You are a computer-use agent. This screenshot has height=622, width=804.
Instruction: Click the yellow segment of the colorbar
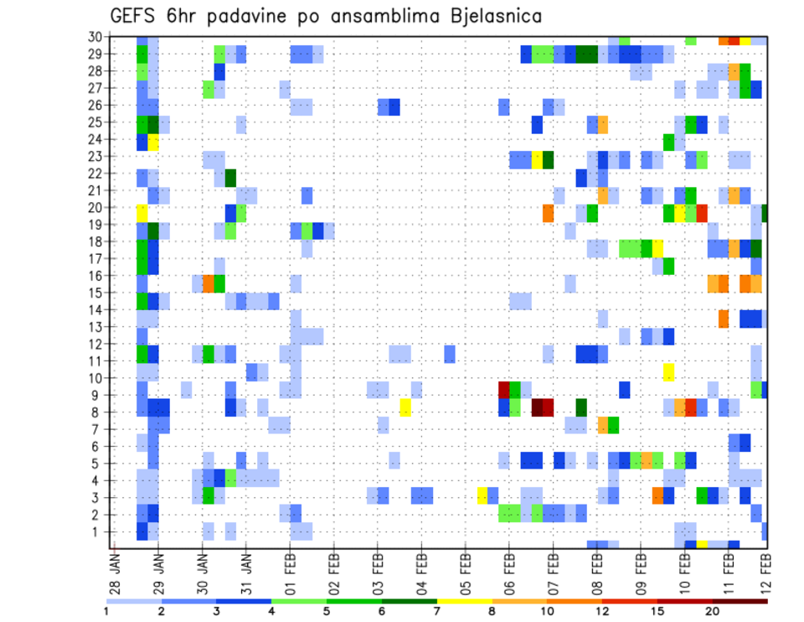(465, 600)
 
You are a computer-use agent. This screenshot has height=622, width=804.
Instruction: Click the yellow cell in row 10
(668, 372)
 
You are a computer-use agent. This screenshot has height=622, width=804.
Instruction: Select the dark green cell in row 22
(230, 178)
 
